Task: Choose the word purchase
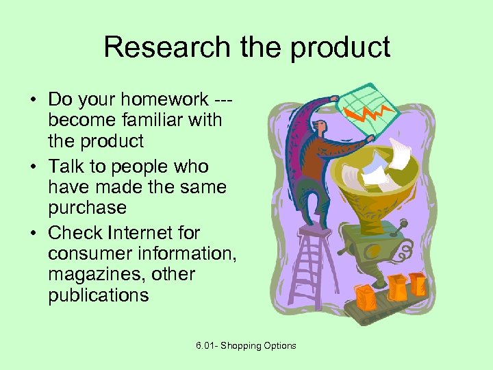[x=87, y=208]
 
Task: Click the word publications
[x=98, y=295]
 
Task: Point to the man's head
[x=319, y=127]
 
